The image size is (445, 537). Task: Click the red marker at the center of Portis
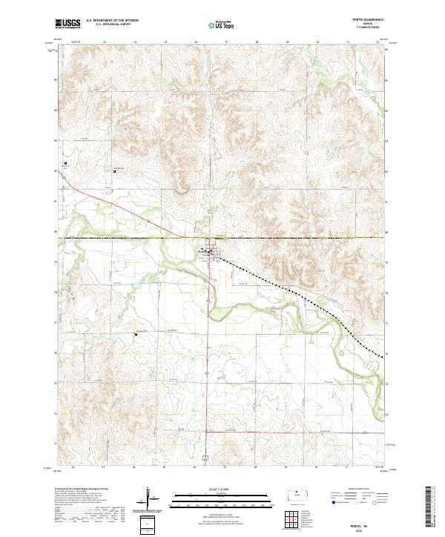(x=210, y=253)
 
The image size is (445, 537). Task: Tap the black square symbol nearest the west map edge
(x=65, y=164)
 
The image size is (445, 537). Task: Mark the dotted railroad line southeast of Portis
(x=297, y=290)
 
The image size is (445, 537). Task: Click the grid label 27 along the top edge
(x=225, y=42)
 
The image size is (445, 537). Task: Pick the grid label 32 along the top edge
(x=378, y=42)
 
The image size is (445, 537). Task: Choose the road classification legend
(x=352, y=498)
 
